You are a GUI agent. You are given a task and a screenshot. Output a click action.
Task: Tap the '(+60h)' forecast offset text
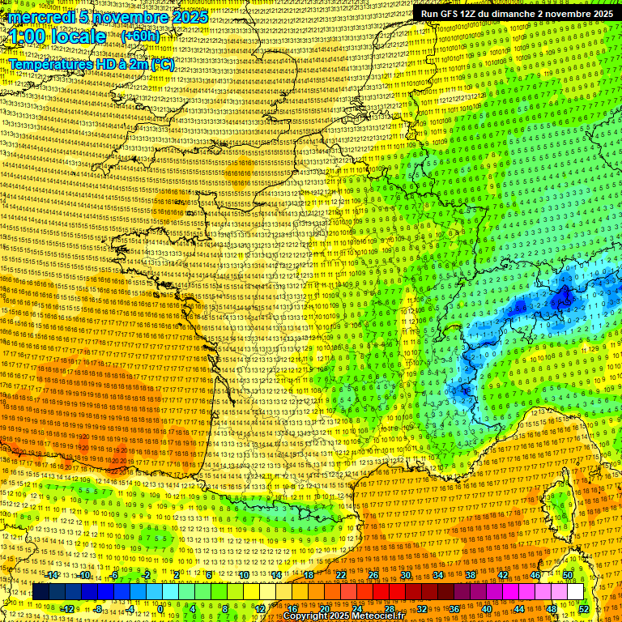click(x=141, y=36)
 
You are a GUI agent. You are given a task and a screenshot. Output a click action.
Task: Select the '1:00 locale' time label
click(x=57, y=36)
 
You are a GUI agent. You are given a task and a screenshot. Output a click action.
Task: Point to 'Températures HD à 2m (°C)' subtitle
click(x=92, y=64)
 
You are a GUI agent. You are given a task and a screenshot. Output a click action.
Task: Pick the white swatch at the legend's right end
click(x=575, y=592)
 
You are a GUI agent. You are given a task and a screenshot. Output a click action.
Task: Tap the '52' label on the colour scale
click(x=584, y=609)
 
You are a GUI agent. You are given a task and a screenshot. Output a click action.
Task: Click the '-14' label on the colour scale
click(x=53, y=575)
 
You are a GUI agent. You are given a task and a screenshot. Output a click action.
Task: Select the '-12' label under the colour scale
click(x=67, y=609)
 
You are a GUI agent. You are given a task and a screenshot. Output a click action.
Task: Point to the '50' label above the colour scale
click(x=568, y=575)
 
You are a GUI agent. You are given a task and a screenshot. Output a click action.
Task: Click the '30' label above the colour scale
click(x=405, y=575)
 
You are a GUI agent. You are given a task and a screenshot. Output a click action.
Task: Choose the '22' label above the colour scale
click(x=340, y=575)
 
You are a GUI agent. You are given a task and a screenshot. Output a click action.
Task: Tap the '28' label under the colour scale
click(x=389, y=609)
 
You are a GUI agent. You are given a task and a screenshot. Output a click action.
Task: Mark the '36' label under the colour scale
click(x=454, y=609)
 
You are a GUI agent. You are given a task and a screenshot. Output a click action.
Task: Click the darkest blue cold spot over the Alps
click(x=560, y=300)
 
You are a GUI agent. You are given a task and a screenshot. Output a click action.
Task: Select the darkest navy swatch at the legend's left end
click(x=41, y=592)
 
